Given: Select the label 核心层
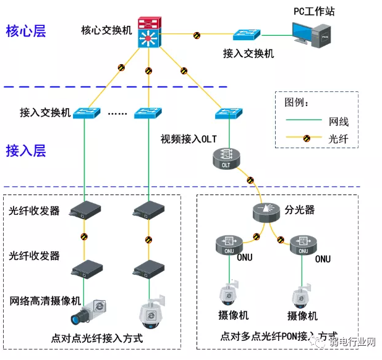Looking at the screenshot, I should (x=26, y=31).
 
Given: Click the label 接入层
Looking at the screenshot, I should (x=26, y=150).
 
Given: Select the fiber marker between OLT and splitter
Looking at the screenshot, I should (x=250, y=181).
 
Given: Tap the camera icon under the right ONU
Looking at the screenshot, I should (x=302, y=295).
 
